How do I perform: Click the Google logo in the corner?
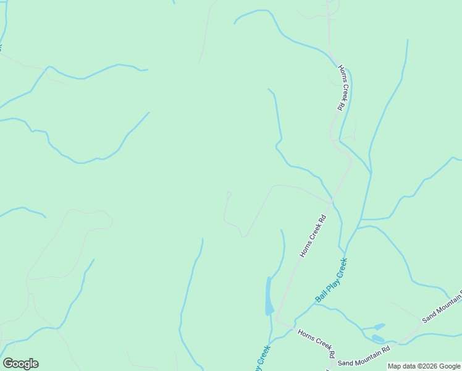click(x=20, y=364)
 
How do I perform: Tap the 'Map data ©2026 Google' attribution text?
click(x=424, y=366)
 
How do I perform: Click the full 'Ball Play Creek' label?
click(x=332, y=280)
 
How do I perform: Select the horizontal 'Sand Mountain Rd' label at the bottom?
click(x=364, y=365)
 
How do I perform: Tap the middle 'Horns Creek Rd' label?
click(x=313, y=236)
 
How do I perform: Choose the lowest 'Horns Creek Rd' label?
click(x=316, y=343)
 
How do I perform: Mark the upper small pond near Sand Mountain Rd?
click(x=379, y=326)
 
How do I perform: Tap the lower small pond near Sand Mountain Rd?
click(x=377, y=338)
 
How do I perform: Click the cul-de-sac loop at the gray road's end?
click(x=229, y=195)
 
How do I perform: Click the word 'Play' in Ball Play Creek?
click(x=332, y=281)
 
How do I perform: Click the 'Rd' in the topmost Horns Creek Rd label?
click(x=340, y=106)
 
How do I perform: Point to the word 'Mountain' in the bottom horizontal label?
click(x=367, y=365)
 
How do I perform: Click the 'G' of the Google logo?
click(x=8, y=364)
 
